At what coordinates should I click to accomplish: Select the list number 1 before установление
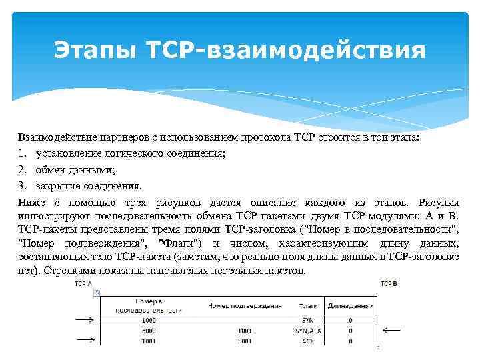22,153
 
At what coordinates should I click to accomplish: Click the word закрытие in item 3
56,186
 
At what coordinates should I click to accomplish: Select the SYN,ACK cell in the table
307,330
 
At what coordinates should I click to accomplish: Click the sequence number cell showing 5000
148,330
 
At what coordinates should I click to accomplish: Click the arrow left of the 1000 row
85,320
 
